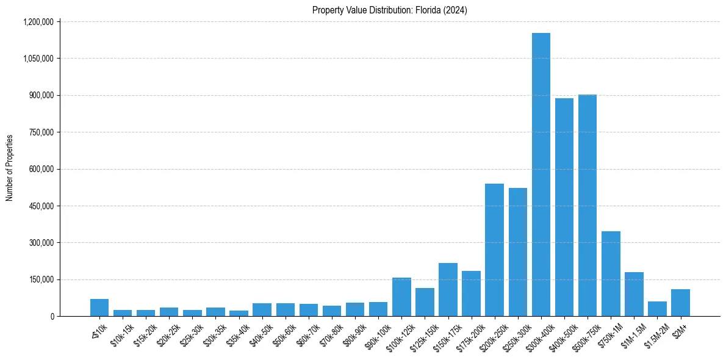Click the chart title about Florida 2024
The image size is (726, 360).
pyautogui.click(x=389, y=10)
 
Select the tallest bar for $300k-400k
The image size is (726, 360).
pyautogui.click(x=541, y=175)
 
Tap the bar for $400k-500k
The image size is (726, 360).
pyautogui.click(x=564, y=207)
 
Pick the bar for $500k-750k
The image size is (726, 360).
pyautogui.click(x=587, y=206)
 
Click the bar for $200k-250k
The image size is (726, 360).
pyautogui.click(x=494, y=250)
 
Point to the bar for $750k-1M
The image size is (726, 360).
pyautogui.click(x=611, y=274)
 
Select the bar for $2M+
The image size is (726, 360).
pyautogui.click(x=680, y=303)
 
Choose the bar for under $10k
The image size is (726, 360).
pyautogui.click(x=99, y=308)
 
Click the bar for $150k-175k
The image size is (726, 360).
pyautogui.click(x=448, y=290)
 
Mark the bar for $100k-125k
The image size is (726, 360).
pyautogui.click(x=401, y=297)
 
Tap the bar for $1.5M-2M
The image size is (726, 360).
pyautogui.click(x=657, y=309)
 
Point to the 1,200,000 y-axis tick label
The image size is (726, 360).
pyautogui.click(x=39, y=22)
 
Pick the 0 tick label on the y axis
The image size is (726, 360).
pyautogui.click(x=52, y=317)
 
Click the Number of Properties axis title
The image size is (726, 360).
pyautogui.click(x=10, y=168)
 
